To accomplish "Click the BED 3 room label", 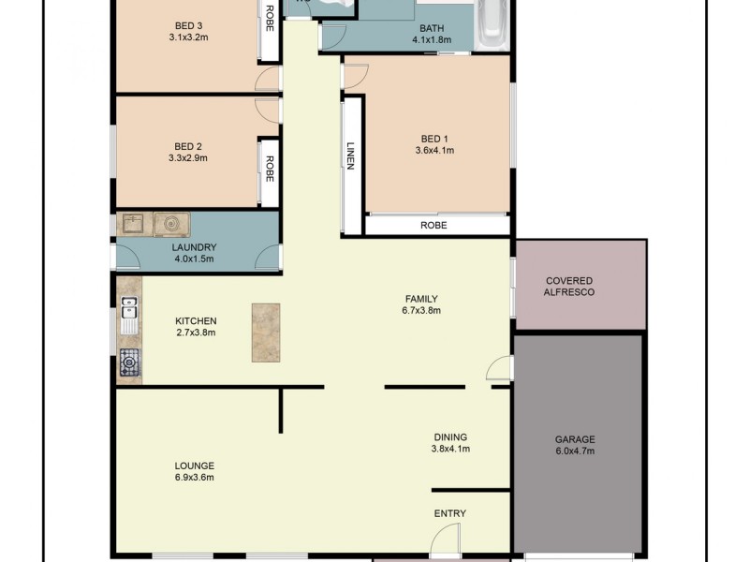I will pos(188,25).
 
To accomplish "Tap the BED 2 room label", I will pos(188,146).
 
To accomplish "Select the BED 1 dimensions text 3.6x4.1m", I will pos(433,150).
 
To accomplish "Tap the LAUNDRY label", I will pos(194,247).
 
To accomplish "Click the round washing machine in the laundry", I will pos(170,224).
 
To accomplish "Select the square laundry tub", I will pos(132,224).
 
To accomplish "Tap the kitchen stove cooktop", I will pos(128,362).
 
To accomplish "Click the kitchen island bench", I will pos(265,333).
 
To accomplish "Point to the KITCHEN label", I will pos(196,320).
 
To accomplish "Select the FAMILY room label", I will pos(420,299).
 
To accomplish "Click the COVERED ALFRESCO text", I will pos(569,287).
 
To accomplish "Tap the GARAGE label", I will pos(575,439).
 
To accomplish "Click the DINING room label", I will pos(450,436).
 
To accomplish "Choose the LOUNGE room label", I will pos(194,466).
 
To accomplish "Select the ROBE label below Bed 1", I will pos(433,226).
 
